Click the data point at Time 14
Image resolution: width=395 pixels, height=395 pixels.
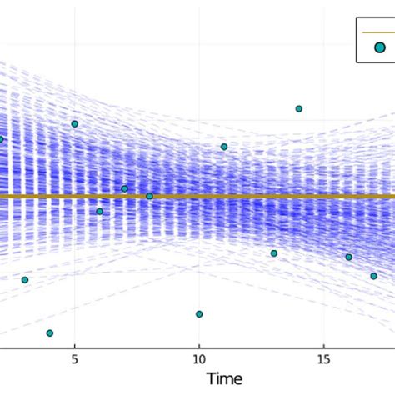pos(298,108)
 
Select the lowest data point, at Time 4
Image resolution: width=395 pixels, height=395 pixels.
pos(49,332)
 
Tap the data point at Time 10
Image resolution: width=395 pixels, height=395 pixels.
pos(199,314)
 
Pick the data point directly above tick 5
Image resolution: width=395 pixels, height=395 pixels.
pos(74,123)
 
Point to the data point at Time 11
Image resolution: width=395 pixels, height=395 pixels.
pos(224,147)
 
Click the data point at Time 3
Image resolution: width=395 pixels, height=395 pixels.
pos(25,280)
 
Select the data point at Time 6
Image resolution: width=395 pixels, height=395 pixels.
pos(99,212)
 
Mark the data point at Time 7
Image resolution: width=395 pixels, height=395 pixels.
pos(124,188)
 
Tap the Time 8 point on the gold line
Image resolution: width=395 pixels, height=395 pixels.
pos(149,196)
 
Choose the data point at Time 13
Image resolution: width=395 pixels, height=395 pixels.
pos(273,253)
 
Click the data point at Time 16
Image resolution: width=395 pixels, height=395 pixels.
pos(348,257)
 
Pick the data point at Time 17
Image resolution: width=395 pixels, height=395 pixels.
pos(373,276)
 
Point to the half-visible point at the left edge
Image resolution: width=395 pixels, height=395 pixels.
pos(2,139)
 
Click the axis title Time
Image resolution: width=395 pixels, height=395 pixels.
pos(224,379)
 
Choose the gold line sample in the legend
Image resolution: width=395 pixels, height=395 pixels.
pos(380,32)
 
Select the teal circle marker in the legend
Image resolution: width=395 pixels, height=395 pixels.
pos(380,48)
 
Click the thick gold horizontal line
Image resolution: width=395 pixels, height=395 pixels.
pos(250,196)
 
